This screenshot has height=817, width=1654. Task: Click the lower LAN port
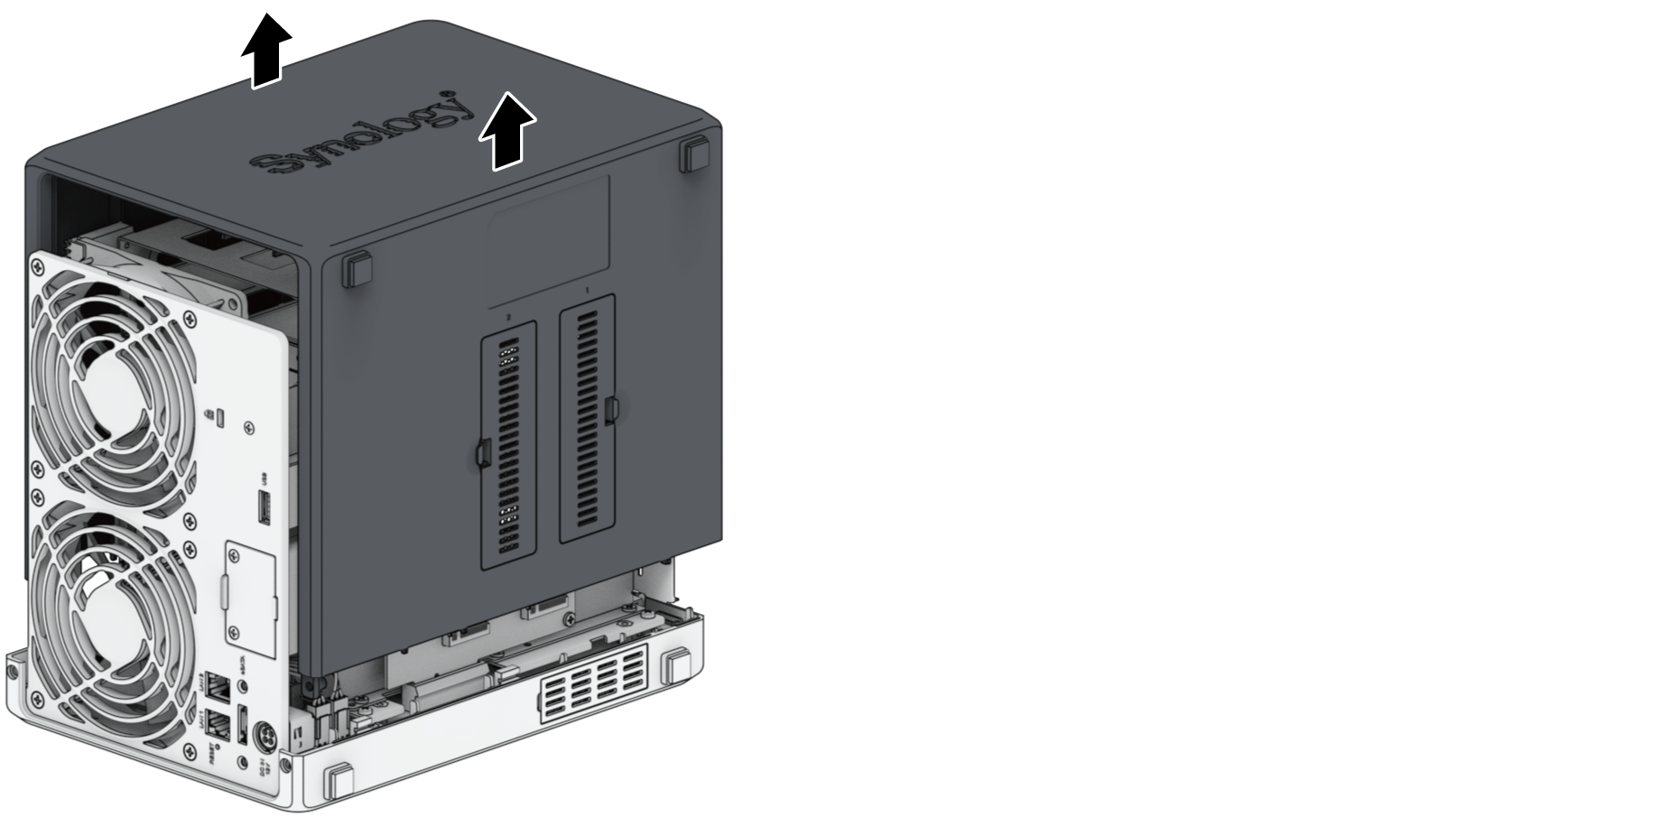coord(218,723)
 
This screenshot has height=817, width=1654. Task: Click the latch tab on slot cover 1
coord(612,409)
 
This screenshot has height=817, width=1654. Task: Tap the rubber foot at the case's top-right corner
coord(695,153)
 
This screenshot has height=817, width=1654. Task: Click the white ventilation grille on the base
coord(593,683)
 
